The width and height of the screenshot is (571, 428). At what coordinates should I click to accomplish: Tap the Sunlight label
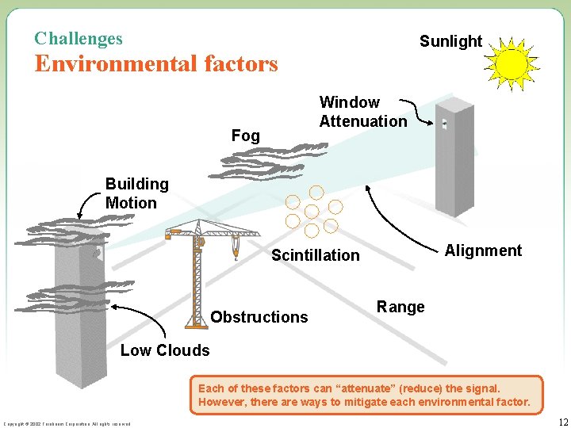coord(450,41)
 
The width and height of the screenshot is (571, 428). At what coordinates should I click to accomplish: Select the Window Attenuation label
coord(362,112)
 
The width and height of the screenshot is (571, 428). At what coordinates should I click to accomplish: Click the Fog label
coord(245,136)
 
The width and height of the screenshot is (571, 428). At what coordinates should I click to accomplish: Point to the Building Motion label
coord(137,193)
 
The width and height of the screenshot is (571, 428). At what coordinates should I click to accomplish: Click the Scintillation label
coord(315,255)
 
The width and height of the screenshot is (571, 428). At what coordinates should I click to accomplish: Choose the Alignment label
coord(483,250)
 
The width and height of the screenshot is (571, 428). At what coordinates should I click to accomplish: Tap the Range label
coord(400,307)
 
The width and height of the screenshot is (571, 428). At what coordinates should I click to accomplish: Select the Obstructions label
coord(259,317)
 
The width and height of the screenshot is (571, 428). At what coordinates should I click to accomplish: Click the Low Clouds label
coord(165,350)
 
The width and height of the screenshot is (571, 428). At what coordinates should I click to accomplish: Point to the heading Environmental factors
coord(156,63)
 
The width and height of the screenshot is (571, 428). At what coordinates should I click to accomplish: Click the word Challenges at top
coord(79,38)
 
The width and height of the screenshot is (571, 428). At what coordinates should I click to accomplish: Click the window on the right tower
coord(445,124)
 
